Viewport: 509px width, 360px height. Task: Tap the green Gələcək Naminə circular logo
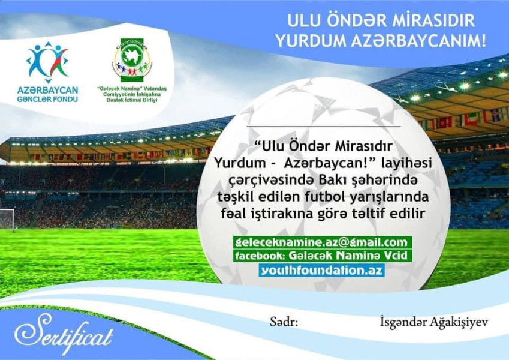pos(131,60)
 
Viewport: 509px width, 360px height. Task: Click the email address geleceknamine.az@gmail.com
pos(323,242)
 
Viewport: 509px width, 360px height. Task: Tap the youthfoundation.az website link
pos(323,270)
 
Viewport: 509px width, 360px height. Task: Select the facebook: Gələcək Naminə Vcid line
pos(323,256)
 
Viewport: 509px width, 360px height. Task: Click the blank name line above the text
pos(323,127)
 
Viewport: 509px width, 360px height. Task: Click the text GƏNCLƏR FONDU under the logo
pos(48,98)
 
